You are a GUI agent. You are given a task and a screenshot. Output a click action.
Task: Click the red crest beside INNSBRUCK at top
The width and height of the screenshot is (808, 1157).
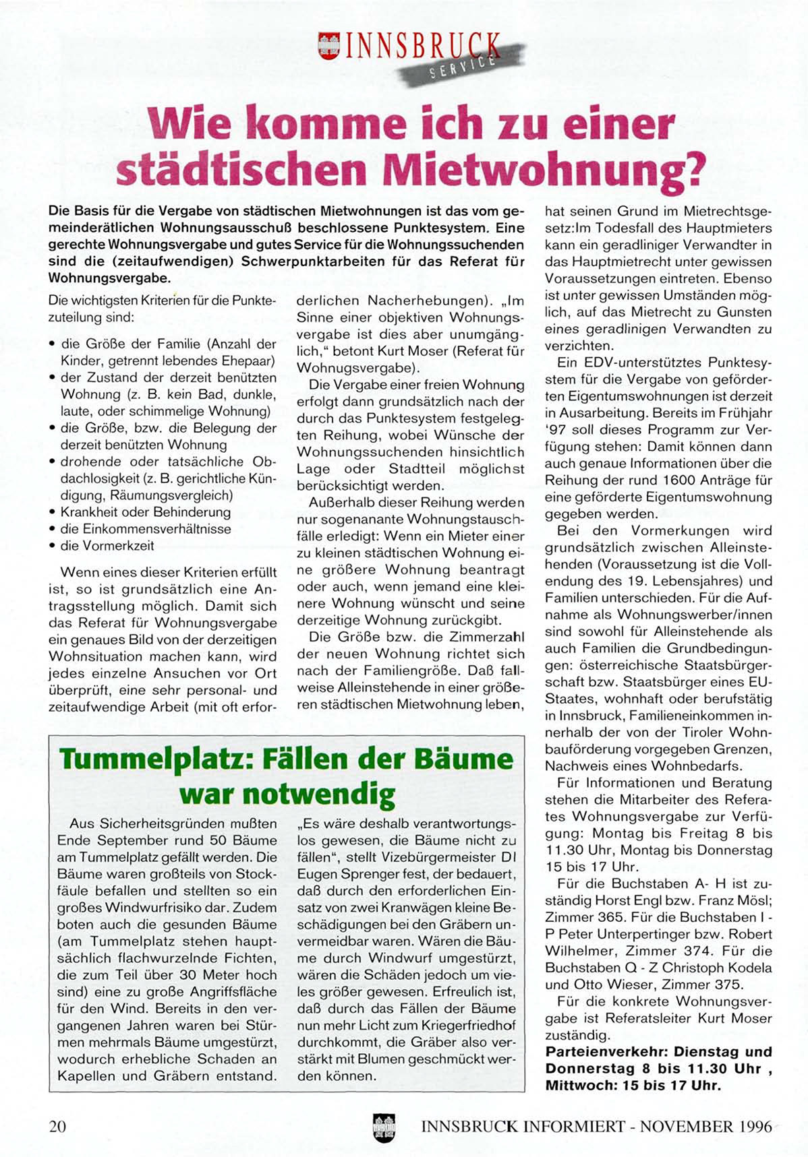(x=327, y=48)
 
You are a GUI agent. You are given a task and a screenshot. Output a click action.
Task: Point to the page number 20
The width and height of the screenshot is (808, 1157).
(x=57, y=1126)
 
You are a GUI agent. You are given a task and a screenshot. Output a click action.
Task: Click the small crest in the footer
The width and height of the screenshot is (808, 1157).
(x=384, y=1126)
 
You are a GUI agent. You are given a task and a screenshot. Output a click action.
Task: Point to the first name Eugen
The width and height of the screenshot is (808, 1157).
(x=316, y=874)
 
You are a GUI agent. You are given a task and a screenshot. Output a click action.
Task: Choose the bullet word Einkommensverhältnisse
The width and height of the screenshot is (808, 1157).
(x=146, y=529)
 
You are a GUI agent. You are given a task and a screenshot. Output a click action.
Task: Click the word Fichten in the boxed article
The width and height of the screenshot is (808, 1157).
(x=252, y=958)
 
